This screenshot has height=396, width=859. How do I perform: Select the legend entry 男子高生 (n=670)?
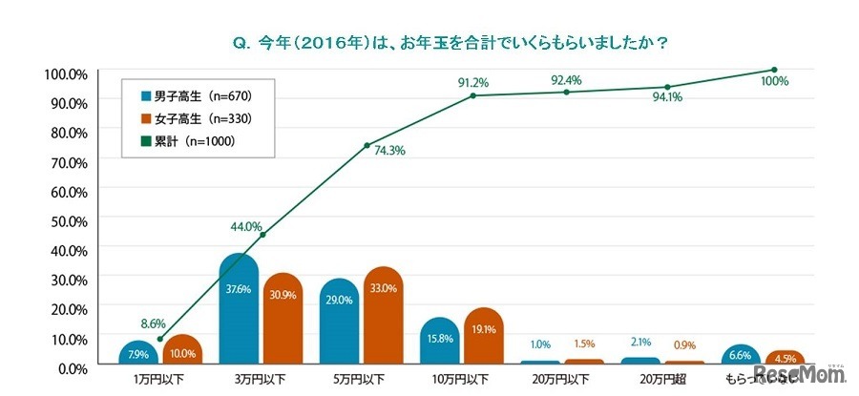(196, 96)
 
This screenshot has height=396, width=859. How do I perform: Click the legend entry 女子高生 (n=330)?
(196, 118)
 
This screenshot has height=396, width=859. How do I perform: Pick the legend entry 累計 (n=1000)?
(189, 141)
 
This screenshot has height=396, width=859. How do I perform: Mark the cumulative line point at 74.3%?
(367, 145)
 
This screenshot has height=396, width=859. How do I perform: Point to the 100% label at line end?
(775, 82)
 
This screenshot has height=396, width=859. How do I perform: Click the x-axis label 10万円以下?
(468, 380)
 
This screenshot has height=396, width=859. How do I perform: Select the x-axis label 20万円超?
(665, 380)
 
